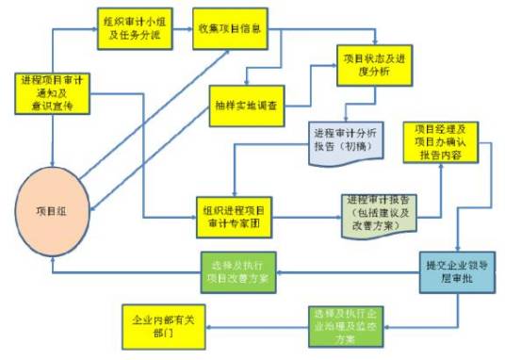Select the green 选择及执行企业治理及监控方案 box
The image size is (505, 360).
[346, 325]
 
